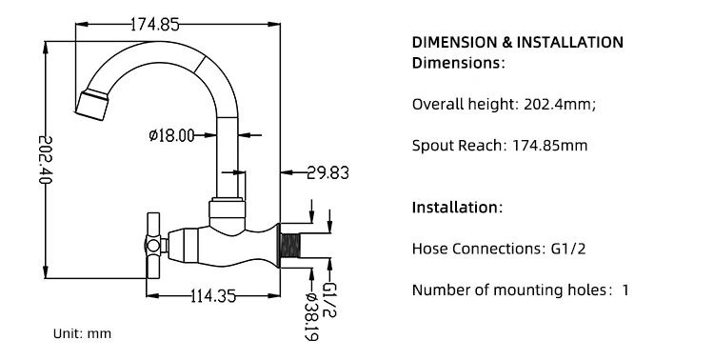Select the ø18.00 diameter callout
pos(171,136)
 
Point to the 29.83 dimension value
pos(327,172)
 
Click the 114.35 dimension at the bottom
pos(213,296)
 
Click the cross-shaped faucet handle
pos(151,239)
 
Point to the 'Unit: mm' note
pos(81,334)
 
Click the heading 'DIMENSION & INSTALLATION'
pos(517,43)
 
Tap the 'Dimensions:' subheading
pos(458,64)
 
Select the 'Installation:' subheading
pos(456,208)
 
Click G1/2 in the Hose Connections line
pos(569,249)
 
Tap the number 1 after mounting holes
pos(625,290)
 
